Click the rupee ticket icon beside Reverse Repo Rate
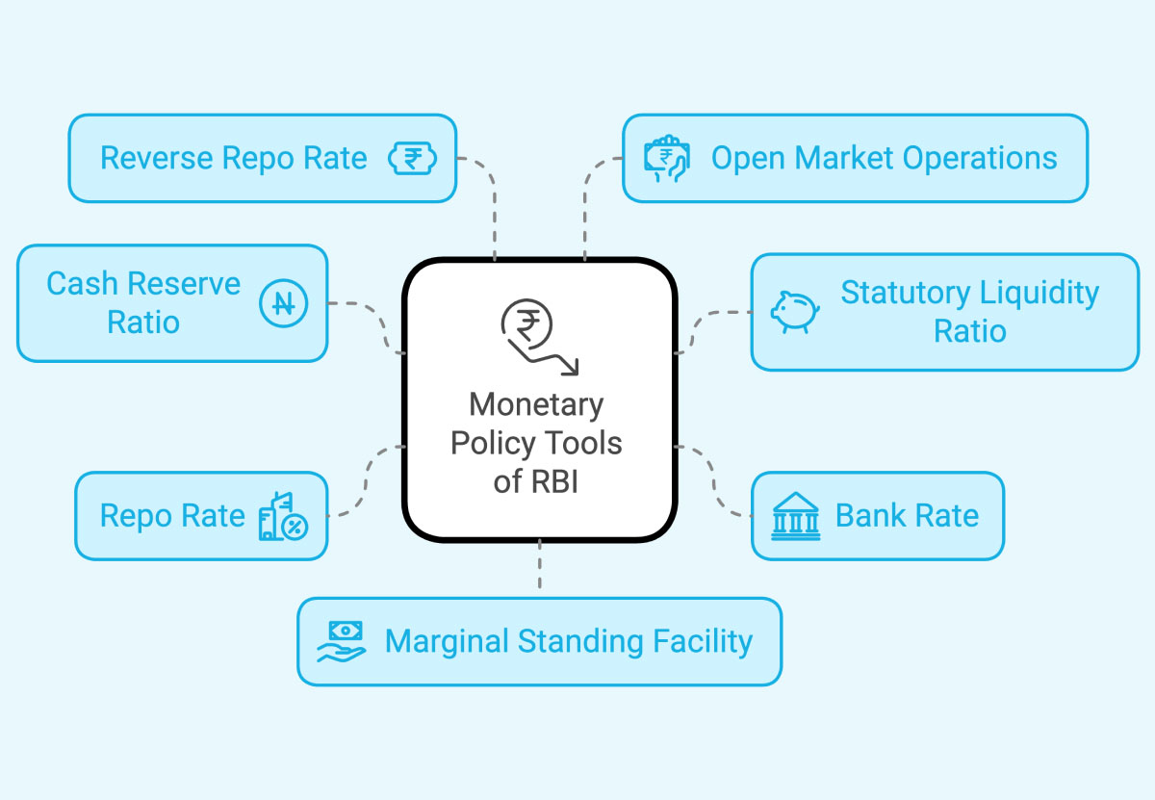[x=412, y=159]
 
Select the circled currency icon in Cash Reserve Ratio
[x=283, y=304]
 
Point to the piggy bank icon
[x=794, y=312]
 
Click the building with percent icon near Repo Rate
[x=283, y=516]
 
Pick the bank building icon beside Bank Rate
[x=796, y=516]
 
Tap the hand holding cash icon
[x=343, y=641]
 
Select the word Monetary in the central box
[x=536, y=404]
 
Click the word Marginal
[x=448, y=641]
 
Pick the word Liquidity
[x=1039, y=293]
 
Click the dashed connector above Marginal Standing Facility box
[x=539, y=568]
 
